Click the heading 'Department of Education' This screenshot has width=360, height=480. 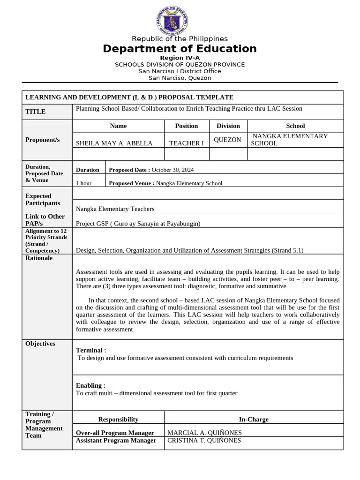point(180,49)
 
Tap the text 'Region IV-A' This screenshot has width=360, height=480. point(180,58)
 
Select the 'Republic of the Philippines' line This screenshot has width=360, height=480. point(180,38)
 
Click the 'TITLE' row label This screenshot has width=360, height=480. point(35,112)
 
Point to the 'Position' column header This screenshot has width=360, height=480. point(187,126)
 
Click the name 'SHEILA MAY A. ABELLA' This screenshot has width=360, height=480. point(114,143)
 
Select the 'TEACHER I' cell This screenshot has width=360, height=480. point(186,143)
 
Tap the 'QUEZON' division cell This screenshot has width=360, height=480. point(227,140)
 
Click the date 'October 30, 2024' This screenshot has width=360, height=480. point(172,170)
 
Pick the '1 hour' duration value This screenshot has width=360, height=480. point(84,183)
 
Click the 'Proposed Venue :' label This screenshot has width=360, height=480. point(131,183)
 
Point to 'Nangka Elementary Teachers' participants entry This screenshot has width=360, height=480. point(115,209)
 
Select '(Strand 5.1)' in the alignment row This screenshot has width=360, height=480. point(287,250)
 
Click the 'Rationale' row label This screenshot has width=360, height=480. point(39,258)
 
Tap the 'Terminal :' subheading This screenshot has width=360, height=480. point(91,350)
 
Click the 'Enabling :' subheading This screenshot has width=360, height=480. point(90,385)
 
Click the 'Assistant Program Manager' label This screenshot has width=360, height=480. point(116,440)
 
